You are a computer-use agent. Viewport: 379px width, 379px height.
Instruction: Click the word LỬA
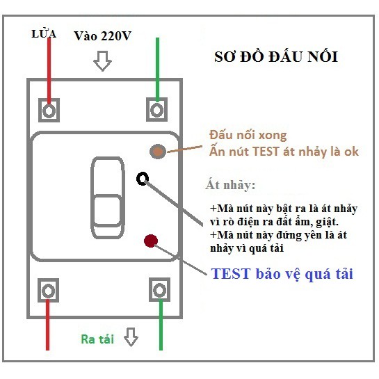click(x=44, y=33)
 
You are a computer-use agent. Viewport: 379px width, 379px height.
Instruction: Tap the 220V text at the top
click(x=115, y=36)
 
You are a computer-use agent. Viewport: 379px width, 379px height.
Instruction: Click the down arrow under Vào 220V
click(x=102, y=61)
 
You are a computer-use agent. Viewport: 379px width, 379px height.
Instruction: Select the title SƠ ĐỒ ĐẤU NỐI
click(x=276, y=57)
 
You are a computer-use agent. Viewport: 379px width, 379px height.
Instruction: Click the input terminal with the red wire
click(x=49, y=110)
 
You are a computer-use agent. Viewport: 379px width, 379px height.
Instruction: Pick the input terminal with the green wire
click(x=157, y=109)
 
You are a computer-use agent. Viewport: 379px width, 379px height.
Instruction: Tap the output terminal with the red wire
click(x=49, y=290)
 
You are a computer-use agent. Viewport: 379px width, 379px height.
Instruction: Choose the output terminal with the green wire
click(x=159, y=289)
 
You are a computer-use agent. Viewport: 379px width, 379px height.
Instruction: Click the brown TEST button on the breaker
click(x=158, y=152)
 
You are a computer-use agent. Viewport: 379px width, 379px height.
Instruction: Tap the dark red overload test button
click(x=151, y=241)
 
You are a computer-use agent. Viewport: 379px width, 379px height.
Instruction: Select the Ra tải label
click(x=97, y=339)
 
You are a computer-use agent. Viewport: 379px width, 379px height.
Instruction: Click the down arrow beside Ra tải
click(x=131, y=337)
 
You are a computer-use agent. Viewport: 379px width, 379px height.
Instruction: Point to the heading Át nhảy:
click(x=230, y=185)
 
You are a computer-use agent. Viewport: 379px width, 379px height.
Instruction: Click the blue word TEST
click(x=231, y=274)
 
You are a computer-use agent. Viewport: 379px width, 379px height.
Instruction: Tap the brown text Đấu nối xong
click(x=248, y=135)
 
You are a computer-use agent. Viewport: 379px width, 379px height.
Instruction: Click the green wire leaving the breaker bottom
click(x=161, y=325)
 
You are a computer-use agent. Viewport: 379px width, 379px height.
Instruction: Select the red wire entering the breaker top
click(x=49, y=71)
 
